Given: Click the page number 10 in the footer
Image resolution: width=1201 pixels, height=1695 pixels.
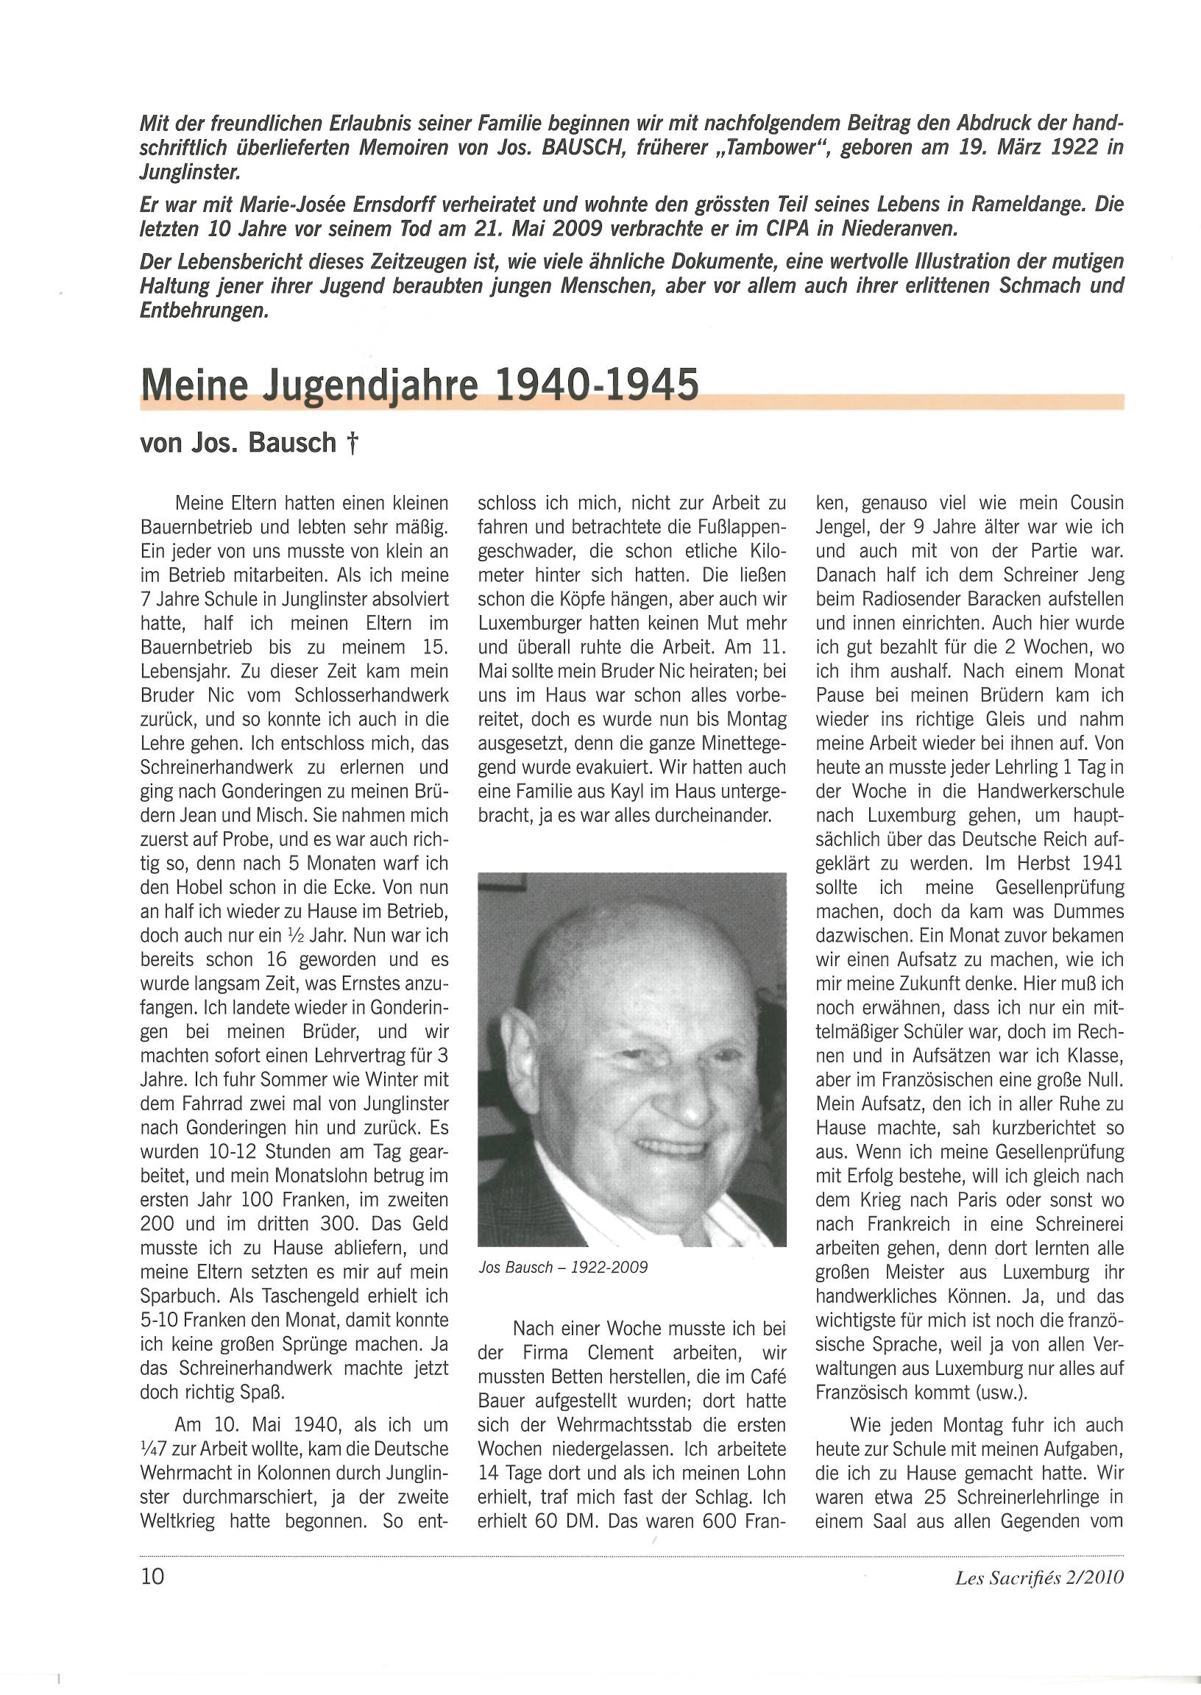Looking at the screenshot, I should pyautogui.click(x=152, y=1577).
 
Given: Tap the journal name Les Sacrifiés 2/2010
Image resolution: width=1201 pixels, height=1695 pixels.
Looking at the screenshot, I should pyautogui.click(x=1039, y=1577).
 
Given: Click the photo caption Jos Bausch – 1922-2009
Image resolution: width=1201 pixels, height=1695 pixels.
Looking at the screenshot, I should pyautogui.click(x=563, y=1267).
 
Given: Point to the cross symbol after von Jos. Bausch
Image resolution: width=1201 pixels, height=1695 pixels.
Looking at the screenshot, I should pyautogui.click(x=352, y=443).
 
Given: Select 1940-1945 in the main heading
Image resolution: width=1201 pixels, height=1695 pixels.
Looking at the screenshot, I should pyautogui.click(x=596, y=384).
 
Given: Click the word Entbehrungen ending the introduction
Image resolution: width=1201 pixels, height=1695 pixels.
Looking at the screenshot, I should pyautogui.click(x=204, y=310).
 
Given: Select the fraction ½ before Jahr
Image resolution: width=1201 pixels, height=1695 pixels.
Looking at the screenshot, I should pyautogui.click(x=297, y=936).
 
